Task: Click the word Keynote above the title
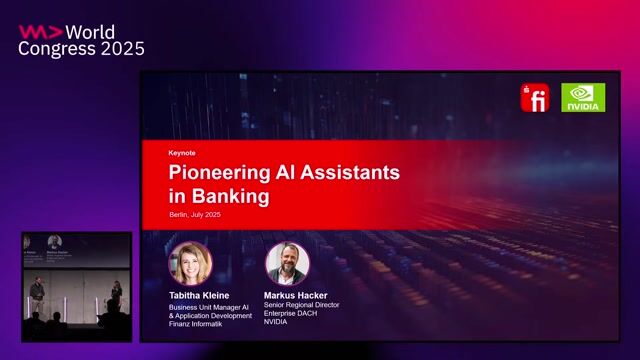pos(182,153)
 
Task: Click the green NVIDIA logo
pos(583,97)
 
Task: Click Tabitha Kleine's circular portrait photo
pos(190,264)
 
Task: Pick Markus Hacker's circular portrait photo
pos(287,264)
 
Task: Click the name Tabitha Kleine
pos(198,296)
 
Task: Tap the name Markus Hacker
pos(297,296)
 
